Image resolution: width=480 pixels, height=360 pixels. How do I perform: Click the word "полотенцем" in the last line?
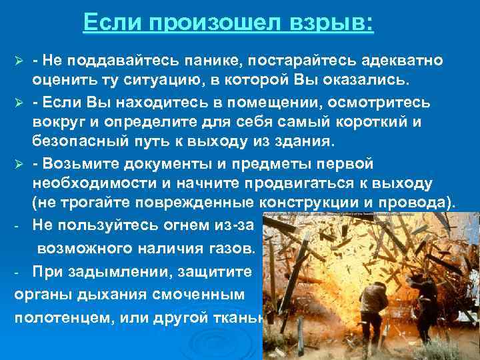(x=72, y=317)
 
